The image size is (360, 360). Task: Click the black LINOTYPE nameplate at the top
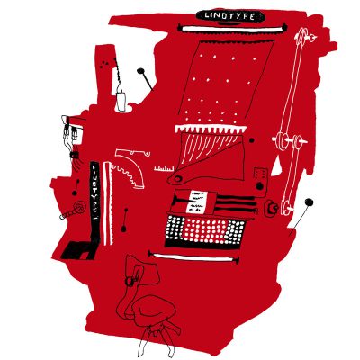tap(230, 16)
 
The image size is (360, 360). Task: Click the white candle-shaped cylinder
tap(121, 101)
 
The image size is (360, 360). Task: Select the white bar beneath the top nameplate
tap(232, 29)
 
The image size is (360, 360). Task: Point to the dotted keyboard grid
tap(205, 229)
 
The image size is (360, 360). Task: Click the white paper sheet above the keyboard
tap(197, 202)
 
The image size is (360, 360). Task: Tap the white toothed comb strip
tap(211, 130)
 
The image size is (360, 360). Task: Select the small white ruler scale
tap(164, 169)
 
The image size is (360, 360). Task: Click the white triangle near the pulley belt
tap(278, 167)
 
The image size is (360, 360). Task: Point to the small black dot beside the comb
tap(252, 140)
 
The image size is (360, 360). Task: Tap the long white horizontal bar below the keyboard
tap(193, 257)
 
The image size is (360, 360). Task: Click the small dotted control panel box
tap(260, 175)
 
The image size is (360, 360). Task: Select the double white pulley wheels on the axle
tap(290, 140)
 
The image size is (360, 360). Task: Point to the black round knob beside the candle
tap(140, 71)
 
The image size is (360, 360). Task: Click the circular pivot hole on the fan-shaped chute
tap(178, 179)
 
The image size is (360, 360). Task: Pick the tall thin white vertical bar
tap(105, 203)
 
